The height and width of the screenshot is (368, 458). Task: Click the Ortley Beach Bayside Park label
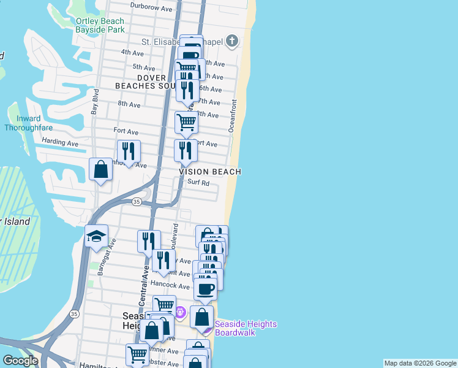pyautogui.click(x=100, y=25)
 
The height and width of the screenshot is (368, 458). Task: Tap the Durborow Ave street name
pyautogui.click(x=151, y=9)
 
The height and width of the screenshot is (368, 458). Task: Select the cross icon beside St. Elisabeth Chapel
pyautogui.click(x=231, y=42)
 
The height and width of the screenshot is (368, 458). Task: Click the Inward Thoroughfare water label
pyautogui.click(x=28, y=123)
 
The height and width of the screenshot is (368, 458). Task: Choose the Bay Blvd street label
pyautogui.click(x=95, y=102)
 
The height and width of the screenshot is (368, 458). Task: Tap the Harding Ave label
pyautogui.click(x=60, y=143)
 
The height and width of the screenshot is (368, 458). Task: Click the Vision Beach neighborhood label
pyautogui.click(x=210, y=172)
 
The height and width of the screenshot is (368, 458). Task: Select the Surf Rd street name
pyautogui.click(x=198, y=183)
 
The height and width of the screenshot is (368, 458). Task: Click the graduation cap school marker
pyautogui.click(x=97, y=237)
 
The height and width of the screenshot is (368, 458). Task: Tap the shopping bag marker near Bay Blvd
pyautogui.click(x=100, y=169)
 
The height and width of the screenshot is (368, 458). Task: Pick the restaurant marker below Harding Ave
pyautogui.click(x=129, y=151)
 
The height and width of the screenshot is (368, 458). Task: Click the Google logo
pyautogui.click(x=20, y=361)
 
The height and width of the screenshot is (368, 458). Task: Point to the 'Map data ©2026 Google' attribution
pyautogui.click(x=420, y=363)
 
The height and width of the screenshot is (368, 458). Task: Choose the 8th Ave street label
pyautogui.click(x=129, y=104)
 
